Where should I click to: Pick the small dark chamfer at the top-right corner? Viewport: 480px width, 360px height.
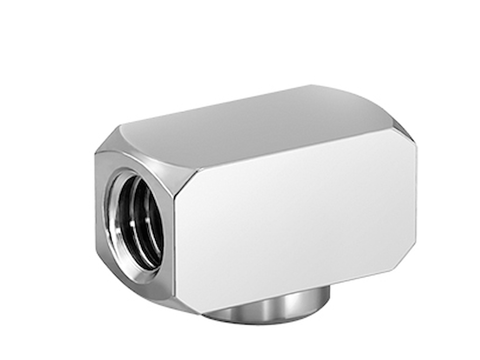[404, 129]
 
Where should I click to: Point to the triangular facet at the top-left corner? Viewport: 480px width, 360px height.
[108, 141]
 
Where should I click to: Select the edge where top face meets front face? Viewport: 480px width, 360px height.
[291, 149]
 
